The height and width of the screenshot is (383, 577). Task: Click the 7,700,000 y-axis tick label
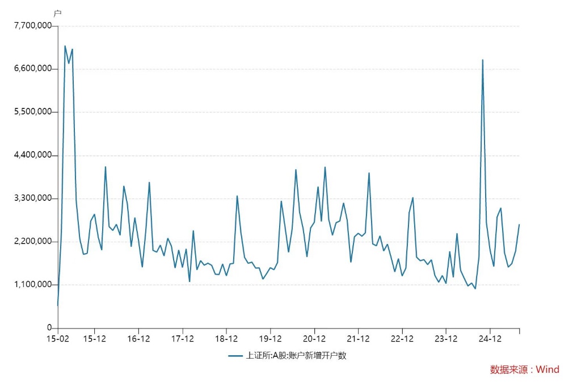[x=32, y=26]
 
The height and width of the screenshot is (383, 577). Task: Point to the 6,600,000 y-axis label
[x=32, y=69]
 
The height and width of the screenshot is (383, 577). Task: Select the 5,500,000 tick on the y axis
[x=32, y=112]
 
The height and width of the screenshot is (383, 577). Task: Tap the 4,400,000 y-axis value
[x=32, y=155]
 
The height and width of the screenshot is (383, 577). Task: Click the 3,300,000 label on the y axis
[x=32, y=199]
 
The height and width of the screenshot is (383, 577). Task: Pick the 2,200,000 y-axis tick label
[x=32, y=242]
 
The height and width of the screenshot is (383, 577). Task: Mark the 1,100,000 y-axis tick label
[x=32, y=285]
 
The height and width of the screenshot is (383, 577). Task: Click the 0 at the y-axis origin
[x=50, y=328]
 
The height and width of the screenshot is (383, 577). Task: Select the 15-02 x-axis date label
[x=57, y=339]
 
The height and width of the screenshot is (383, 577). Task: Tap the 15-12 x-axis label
[x=94, y=339]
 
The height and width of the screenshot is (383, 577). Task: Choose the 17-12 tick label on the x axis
[x=182, y=339]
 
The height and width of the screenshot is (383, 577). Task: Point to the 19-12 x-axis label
[x=270, y=339]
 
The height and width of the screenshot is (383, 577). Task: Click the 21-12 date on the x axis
[x=358, y=339]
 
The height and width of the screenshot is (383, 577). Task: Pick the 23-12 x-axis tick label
[x=446, y=339]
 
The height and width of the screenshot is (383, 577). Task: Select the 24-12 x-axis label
[x=490, y=339]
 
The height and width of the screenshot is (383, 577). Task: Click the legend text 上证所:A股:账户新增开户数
[x=295, y=356]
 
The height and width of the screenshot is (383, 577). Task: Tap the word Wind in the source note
[x=547, y=369]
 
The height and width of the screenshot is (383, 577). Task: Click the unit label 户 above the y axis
[x=57, y=13]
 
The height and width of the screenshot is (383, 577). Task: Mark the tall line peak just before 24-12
[x=483, y=60]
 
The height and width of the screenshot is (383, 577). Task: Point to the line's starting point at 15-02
[x=57, y=305]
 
